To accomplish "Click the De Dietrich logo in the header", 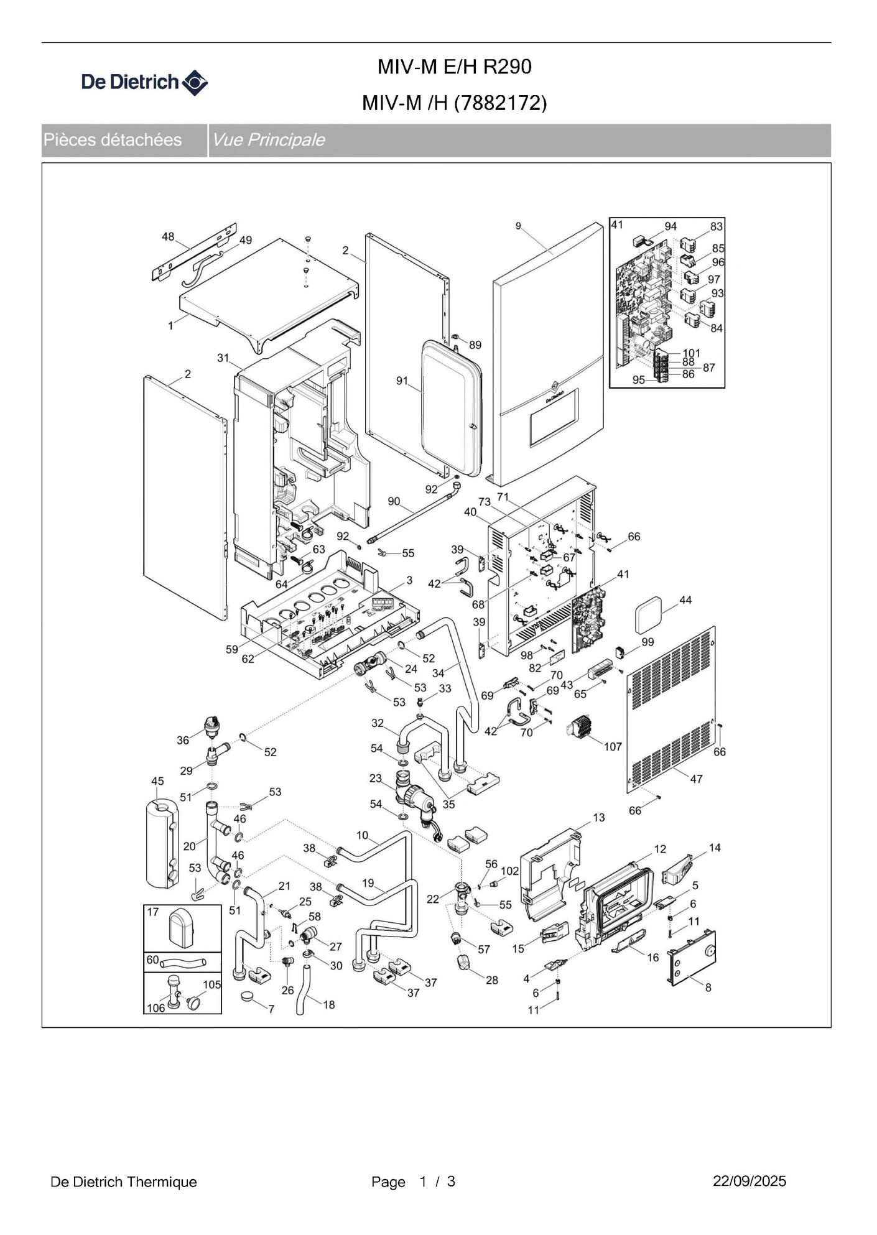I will [144, 82].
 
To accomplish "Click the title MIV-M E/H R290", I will [454, 67].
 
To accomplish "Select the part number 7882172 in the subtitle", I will [500, 103].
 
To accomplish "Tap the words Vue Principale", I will [268, 140].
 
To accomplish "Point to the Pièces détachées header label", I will [113, 140].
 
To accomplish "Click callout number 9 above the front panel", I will [518, 226].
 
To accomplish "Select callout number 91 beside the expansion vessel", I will [402, 381].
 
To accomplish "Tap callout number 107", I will [613, 746].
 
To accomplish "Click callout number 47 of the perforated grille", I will [696, 779].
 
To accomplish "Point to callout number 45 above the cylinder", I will [157, 781].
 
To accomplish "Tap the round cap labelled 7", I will [251, 997].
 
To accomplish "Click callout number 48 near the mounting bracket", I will [168, 237].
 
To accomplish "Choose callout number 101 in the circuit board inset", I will [692, 353].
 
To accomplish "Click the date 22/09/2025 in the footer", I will [749, 1182].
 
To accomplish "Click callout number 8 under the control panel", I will [708, 987].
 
